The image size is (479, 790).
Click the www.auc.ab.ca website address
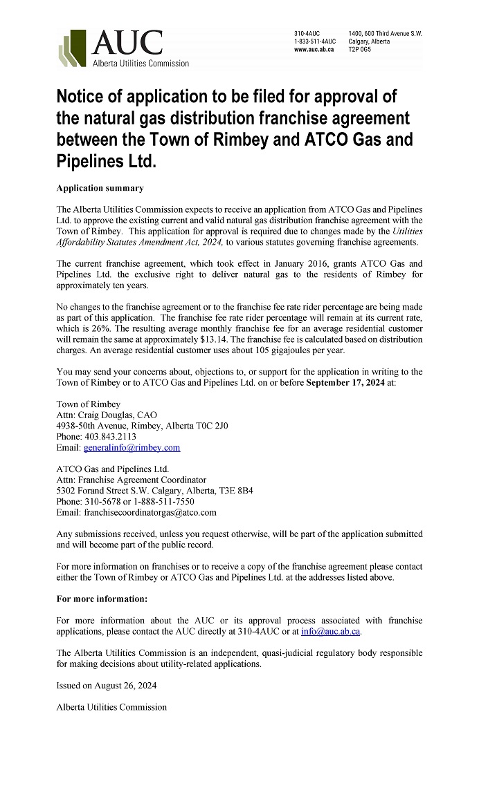coord(314,50)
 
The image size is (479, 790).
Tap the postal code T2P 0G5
coord(360,50)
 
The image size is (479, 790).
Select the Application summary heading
coord(100,188)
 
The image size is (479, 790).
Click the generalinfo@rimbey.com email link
coord(132,448)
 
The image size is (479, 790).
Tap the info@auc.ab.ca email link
coord(331,632)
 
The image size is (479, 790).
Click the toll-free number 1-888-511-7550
coord(163,502)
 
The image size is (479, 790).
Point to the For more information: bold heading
coord(102,599)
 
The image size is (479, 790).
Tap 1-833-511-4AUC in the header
coord(315,41)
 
